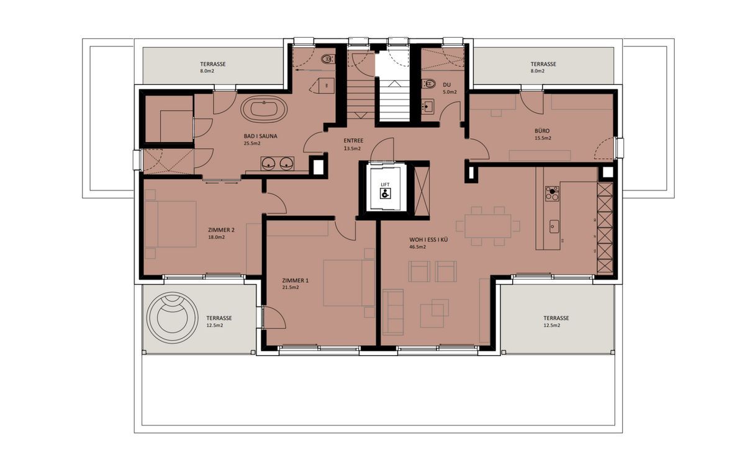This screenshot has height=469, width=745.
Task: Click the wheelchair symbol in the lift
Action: click(x=386, y=194)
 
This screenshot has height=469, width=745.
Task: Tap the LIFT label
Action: click(x=386, y=184)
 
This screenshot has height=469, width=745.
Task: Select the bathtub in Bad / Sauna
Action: click(x=264, y=111)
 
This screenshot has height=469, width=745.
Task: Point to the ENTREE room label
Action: click(x=353, y=141)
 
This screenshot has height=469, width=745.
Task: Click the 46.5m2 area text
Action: click(x=417, y=247)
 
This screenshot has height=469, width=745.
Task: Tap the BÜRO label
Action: click(x=542, y=131)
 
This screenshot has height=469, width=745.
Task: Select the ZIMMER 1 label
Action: click(x=295, y=280)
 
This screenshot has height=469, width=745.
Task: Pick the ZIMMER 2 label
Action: click(x=222, y=230)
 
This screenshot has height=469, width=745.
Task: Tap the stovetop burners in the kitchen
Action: click(x=551, y=194)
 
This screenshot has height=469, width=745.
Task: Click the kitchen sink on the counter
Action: click(x=554, y=226)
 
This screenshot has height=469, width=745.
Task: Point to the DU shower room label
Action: click(x=446, y=85)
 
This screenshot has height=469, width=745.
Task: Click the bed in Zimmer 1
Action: click(x=348, y=282)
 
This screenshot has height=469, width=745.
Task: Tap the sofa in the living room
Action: click(x=392, y=310)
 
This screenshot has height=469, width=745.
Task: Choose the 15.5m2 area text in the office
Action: click(x=542, y=138)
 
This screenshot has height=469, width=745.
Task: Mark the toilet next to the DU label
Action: click(x=429, y=83)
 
